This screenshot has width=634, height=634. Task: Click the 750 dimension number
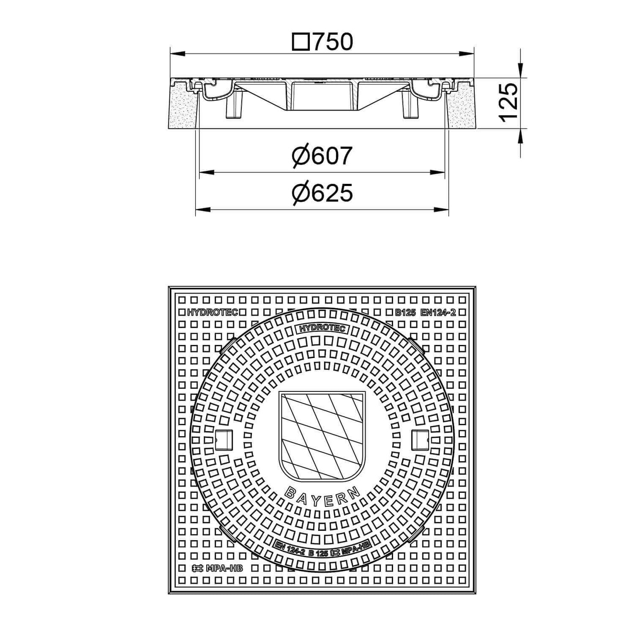[333, 42]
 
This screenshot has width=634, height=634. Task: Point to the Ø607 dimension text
[322, 156]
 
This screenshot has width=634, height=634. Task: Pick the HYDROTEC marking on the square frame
[212, 312]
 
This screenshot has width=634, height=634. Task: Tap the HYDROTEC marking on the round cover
[322, 329]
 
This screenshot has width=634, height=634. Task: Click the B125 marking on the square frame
[405, 312]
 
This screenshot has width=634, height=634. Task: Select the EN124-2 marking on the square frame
[438, 312]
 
